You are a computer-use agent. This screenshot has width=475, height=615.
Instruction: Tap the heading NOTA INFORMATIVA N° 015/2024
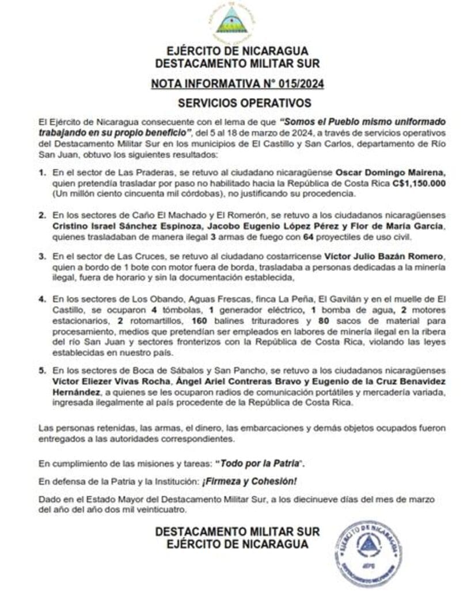pos(237,84)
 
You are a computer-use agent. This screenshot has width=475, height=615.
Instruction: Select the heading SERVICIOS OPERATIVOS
pos(237,103)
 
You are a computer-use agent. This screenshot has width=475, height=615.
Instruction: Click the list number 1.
pos(42,172)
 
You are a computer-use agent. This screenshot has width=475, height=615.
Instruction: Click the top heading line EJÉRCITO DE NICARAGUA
pos(237,51)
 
